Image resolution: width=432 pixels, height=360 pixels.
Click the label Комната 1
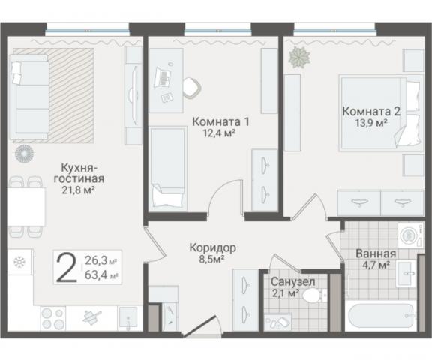pyautogui.click(x=220, y=121)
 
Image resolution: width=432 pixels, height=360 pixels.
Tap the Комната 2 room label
pyautogui.click(x=371, y=111)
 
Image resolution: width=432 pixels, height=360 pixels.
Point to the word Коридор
pyautogui.click(x=213, y=247)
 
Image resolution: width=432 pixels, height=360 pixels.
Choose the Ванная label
pyautogui.click(x=370, y=253)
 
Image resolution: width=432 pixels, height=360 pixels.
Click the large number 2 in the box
pyautogui.click(x=67, y=266)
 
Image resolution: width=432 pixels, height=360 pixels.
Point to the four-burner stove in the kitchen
pyautogui.click(x=53, y=319)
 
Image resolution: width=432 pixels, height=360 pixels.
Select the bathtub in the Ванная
pyautogui.click(x=380, y=316)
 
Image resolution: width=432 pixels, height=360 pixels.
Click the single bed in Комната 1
pyautogui.click(x=168, y=168)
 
